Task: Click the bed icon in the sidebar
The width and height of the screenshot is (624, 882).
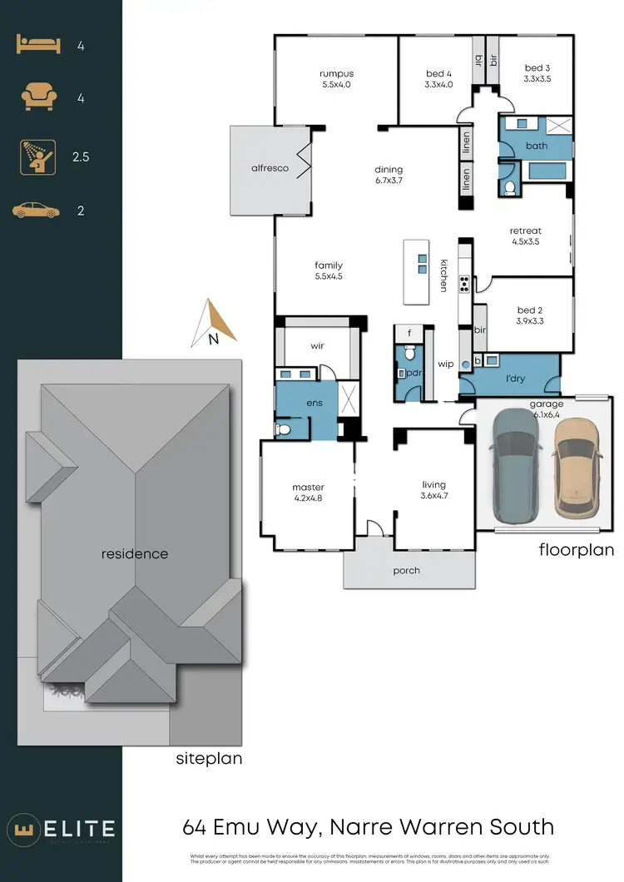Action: click(37, 47)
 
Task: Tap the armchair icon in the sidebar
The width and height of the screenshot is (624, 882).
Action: click(37, 98)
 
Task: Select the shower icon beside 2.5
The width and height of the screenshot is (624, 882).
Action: click(37, 156)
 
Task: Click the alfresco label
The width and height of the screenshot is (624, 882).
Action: click(270, 168)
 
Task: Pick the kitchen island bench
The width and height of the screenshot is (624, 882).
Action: click(421, 272)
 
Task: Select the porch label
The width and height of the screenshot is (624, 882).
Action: click(407, 571)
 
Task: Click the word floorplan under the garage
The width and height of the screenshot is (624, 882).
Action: click(576, 549)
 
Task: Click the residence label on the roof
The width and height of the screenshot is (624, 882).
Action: click(135, 553)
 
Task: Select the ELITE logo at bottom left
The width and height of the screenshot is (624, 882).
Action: click(62, 829)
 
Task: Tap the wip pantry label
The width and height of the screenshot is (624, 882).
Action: click(445, 364)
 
